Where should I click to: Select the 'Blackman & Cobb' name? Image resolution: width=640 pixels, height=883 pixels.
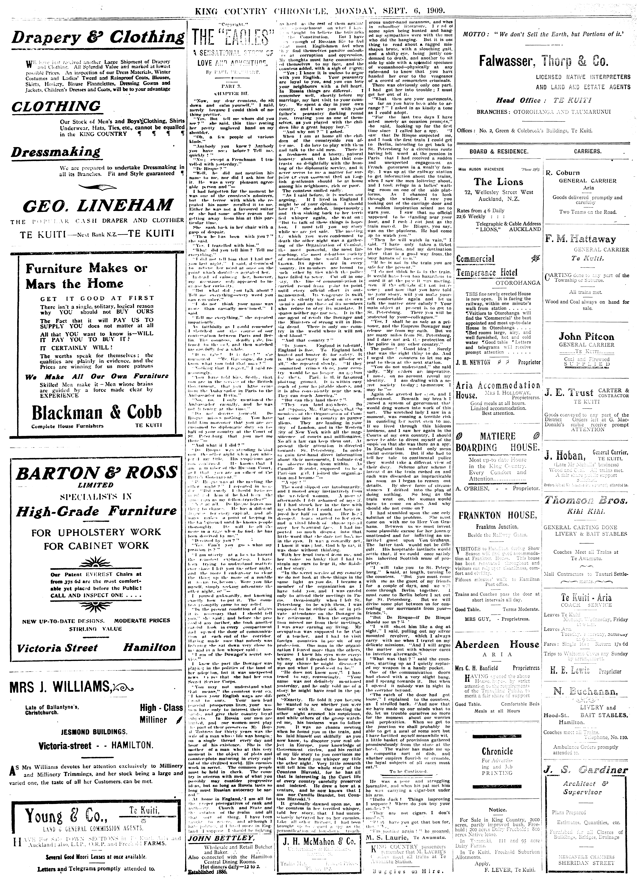pos(97,412)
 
